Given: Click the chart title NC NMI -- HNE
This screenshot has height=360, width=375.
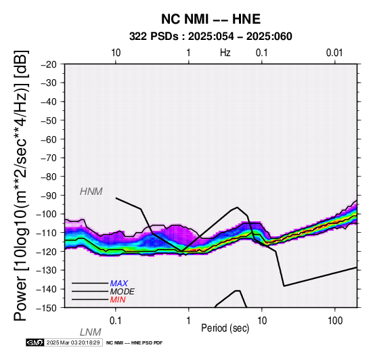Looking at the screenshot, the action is click(x=211, y=19).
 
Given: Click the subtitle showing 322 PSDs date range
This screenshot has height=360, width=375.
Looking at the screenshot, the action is click(x=211, y=37).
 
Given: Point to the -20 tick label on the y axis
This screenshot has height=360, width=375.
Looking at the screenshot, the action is click(x=49, y=64).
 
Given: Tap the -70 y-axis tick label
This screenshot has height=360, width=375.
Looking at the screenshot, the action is click(x=49, y=158).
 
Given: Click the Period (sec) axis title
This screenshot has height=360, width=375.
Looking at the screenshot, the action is click(x=225, y=328).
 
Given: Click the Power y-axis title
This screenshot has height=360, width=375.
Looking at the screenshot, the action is click(x=21, y=186).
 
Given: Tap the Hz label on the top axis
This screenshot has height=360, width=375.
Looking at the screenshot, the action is click(x=225, y=53).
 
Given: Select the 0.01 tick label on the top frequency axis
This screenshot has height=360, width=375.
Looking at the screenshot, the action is click(x=334, y=53).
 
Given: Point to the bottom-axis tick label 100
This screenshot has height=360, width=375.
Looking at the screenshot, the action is click(x=335, y=321).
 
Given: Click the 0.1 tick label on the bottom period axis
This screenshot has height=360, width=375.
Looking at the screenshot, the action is click(x=116, y=321).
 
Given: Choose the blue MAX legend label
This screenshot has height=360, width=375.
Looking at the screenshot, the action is click(x=119, y=284).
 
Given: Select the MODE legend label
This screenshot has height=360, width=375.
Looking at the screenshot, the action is click(x=123, y=292).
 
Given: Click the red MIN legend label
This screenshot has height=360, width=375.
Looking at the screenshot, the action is click(x=118, y=300).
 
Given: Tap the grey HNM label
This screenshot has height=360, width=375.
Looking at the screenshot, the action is click(x=91, y=192).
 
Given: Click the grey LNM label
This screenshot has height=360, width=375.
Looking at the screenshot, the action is click(x=91, y=332).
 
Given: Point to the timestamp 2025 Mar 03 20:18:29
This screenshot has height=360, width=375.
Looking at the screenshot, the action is click(x=73, y=342).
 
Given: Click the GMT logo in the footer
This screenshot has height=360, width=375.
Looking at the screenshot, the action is click(x=35, y=342).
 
